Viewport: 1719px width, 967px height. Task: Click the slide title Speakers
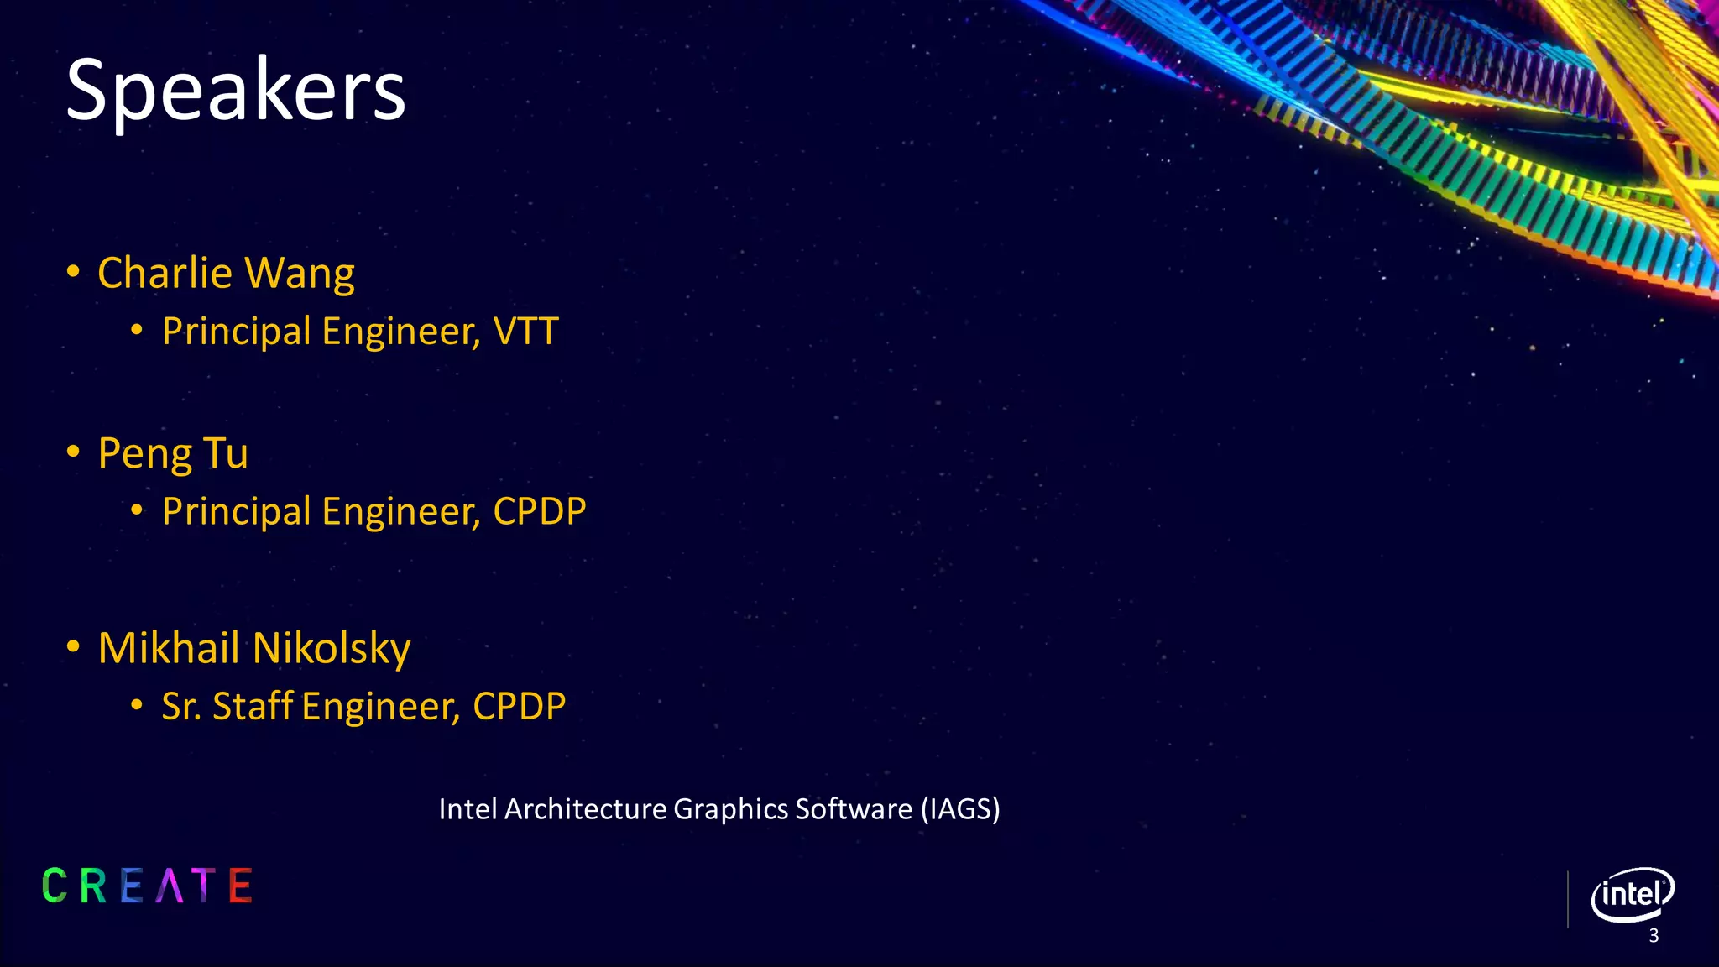pos(235,91)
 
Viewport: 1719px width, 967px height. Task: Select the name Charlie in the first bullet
pos(165,274)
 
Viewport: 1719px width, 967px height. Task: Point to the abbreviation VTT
pos(525,332)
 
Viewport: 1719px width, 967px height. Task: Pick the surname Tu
pos(226,453)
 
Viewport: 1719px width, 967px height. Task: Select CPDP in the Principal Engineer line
pos(539,511)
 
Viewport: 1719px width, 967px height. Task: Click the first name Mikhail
pos(169,648)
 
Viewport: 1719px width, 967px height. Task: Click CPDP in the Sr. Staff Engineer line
pos(519,706)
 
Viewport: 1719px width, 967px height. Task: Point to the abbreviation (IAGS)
pos(960,809)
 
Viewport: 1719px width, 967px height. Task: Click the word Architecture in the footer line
pos(586,809)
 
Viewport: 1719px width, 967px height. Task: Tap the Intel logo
pos(1632,894)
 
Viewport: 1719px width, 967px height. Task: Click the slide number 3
pos(1654,936)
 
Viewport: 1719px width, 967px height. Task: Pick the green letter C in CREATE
pos(55,886)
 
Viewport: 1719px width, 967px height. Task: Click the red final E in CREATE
pos(241,886)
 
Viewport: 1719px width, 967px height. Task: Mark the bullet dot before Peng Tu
pos(74,452)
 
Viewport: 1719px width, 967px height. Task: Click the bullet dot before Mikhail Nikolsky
pos(74,647)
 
